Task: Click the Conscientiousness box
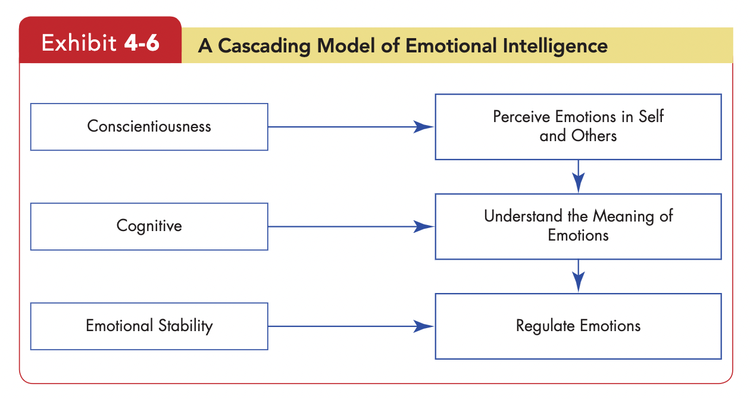pos(149,127)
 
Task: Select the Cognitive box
pos(149,226)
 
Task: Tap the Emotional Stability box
pos(149,326)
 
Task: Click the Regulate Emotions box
pos(578,326)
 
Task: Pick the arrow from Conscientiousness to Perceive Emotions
pos(351,127)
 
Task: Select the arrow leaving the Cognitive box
pos(351,226)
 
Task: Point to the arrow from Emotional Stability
pos(351,326)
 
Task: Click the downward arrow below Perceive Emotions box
pos(578,176)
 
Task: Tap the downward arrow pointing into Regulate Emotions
pos(578,276)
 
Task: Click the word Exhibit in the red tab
pos(79,43)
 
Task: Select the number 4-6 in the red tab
pos(142,43)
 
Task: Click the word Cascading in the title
pos(264,46)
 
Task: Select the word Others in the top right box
pos(594,136)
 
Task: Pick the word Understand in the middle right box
pos(523,216)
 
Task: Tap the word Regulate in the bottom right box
pos(545,326)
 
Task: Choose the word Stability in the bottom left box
pos(186,326)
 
